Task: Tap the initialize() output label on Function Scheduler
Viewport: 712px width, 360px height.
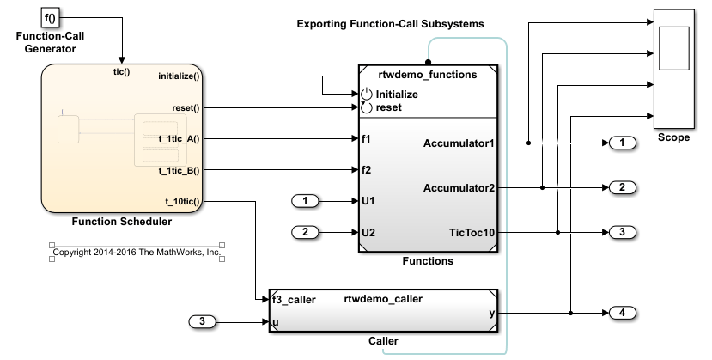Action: point(179,76)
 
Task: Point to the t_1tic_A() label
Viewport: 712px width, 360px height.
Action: point(178,138)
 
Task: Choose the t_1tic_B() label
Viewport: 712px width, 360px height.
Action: point(178,170)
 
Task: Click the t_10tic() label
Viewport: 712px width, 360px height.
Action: point(181,202)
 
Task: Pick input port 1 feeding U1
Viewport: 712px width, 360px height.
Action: point(305,201)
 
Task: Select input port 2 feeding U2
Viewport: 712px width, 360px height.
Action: point(305,232)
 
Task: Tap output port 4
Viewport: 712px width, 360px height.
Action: point(622,313)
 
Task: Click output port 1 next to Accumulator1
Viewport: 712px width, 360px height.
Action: point(622,143)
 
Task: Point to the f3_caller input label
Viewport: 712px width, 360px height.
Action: point(294,300)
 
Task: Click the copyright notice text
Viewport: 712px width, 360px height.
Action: point(137,253)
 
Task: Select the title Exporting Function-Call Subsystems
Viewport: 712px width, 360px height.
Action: point(390,24)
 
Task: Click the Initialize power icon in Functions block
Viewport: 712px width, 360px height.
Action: point(367,94)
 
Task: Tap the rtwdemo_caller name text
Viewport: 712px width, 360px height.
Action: point(383,299)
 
